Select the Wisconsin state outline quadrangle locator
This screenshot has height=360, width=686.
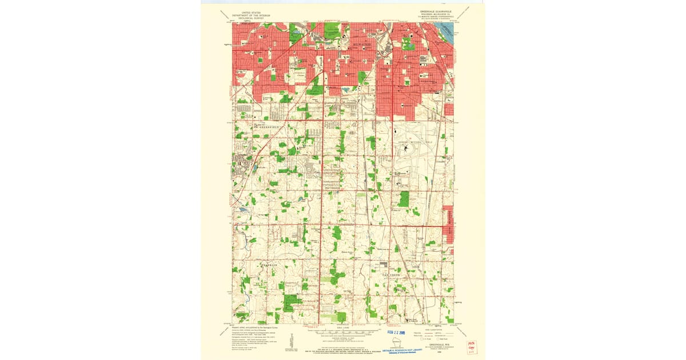(x=395, y=341)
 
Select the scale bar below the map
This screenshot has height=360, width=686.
(x=343, y=331)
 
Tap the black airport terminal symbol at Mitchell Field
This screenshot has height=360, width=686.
(x=406, y=150)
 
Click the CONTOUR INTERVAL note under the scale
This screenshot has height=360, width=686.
(x=343, y=339)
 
